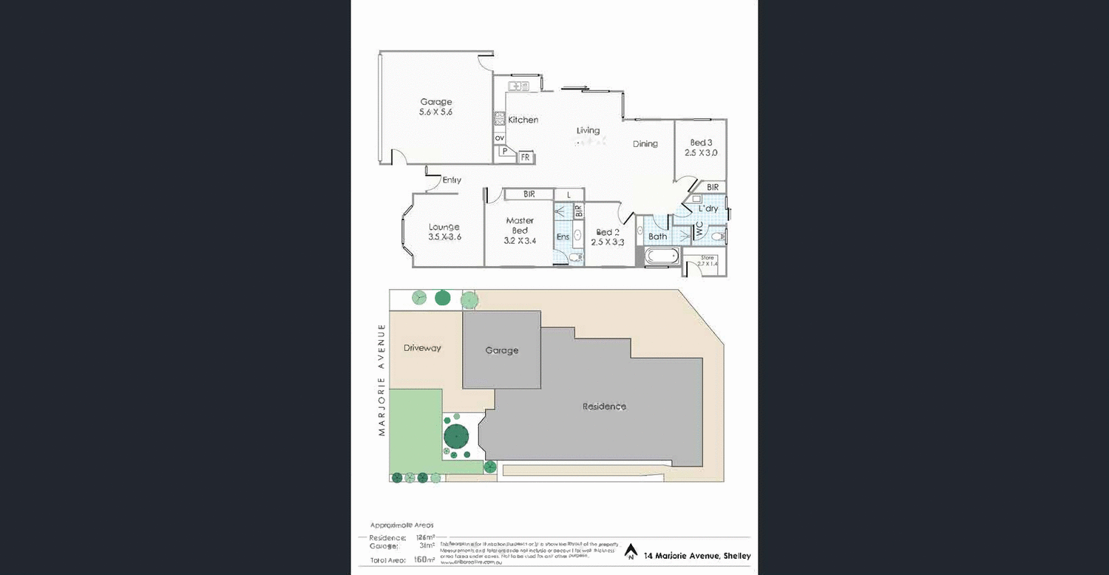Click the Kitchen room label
point(523,120)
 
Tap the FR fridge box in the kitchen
point(526,157)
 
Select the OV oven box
point(499,137)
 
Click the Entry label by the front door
point(452,180)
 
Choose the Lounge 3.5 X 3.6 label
point(444,232)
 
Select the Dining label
point(645,144)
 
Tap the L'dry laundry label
point(708,208)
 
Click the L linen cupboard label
point(568,194)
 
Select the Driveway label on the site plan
point(422,347)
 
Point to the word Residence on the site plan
point(603,406)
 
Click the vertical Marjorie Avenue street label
point(382,379)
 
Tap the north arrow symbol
point(631,551)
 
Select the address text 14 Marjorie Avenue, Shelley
point(697,556)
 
